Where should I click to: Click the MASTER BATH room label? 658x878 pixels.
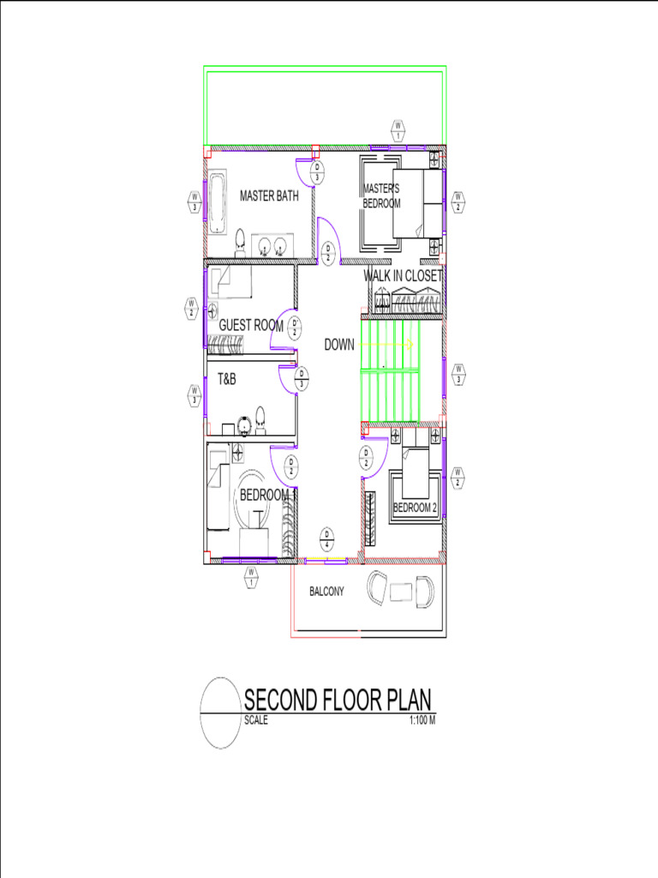click(269, 196)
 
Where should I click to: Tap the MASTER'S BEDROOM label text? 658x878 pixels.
click(381, 196)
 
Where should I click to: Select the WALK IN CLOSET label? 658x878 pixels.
click(403, 276)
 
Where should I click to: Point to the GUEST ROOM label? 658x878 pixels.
click(251, 326)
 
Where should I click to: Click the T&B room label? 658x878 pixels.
click(226, 378)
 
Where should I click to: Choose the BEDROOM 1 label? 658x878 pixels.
click(267, 496)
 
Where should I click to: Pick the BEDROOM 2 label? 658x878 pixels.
click(415, 508)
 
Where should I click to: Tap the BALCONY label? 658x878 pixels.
click(326, 592)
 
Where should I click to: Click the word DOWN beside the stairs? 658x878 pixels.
click(339, 346)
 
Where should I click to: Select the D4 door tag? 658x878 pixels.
click(326, 538)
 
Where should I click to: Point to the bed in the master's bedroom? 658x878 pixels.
click(417, 203)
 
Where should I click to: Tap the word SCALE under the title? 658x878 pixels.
click(256, 720)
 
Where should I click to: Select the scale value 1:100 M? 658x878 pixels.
click(423, 720)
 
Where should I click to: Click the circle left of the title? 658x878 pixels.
click(220, 713)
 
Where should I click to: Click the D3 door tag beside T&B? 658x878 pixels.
click(302, 378)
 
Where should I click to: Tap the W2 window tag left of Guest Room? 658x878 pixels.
click(192, 307)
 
